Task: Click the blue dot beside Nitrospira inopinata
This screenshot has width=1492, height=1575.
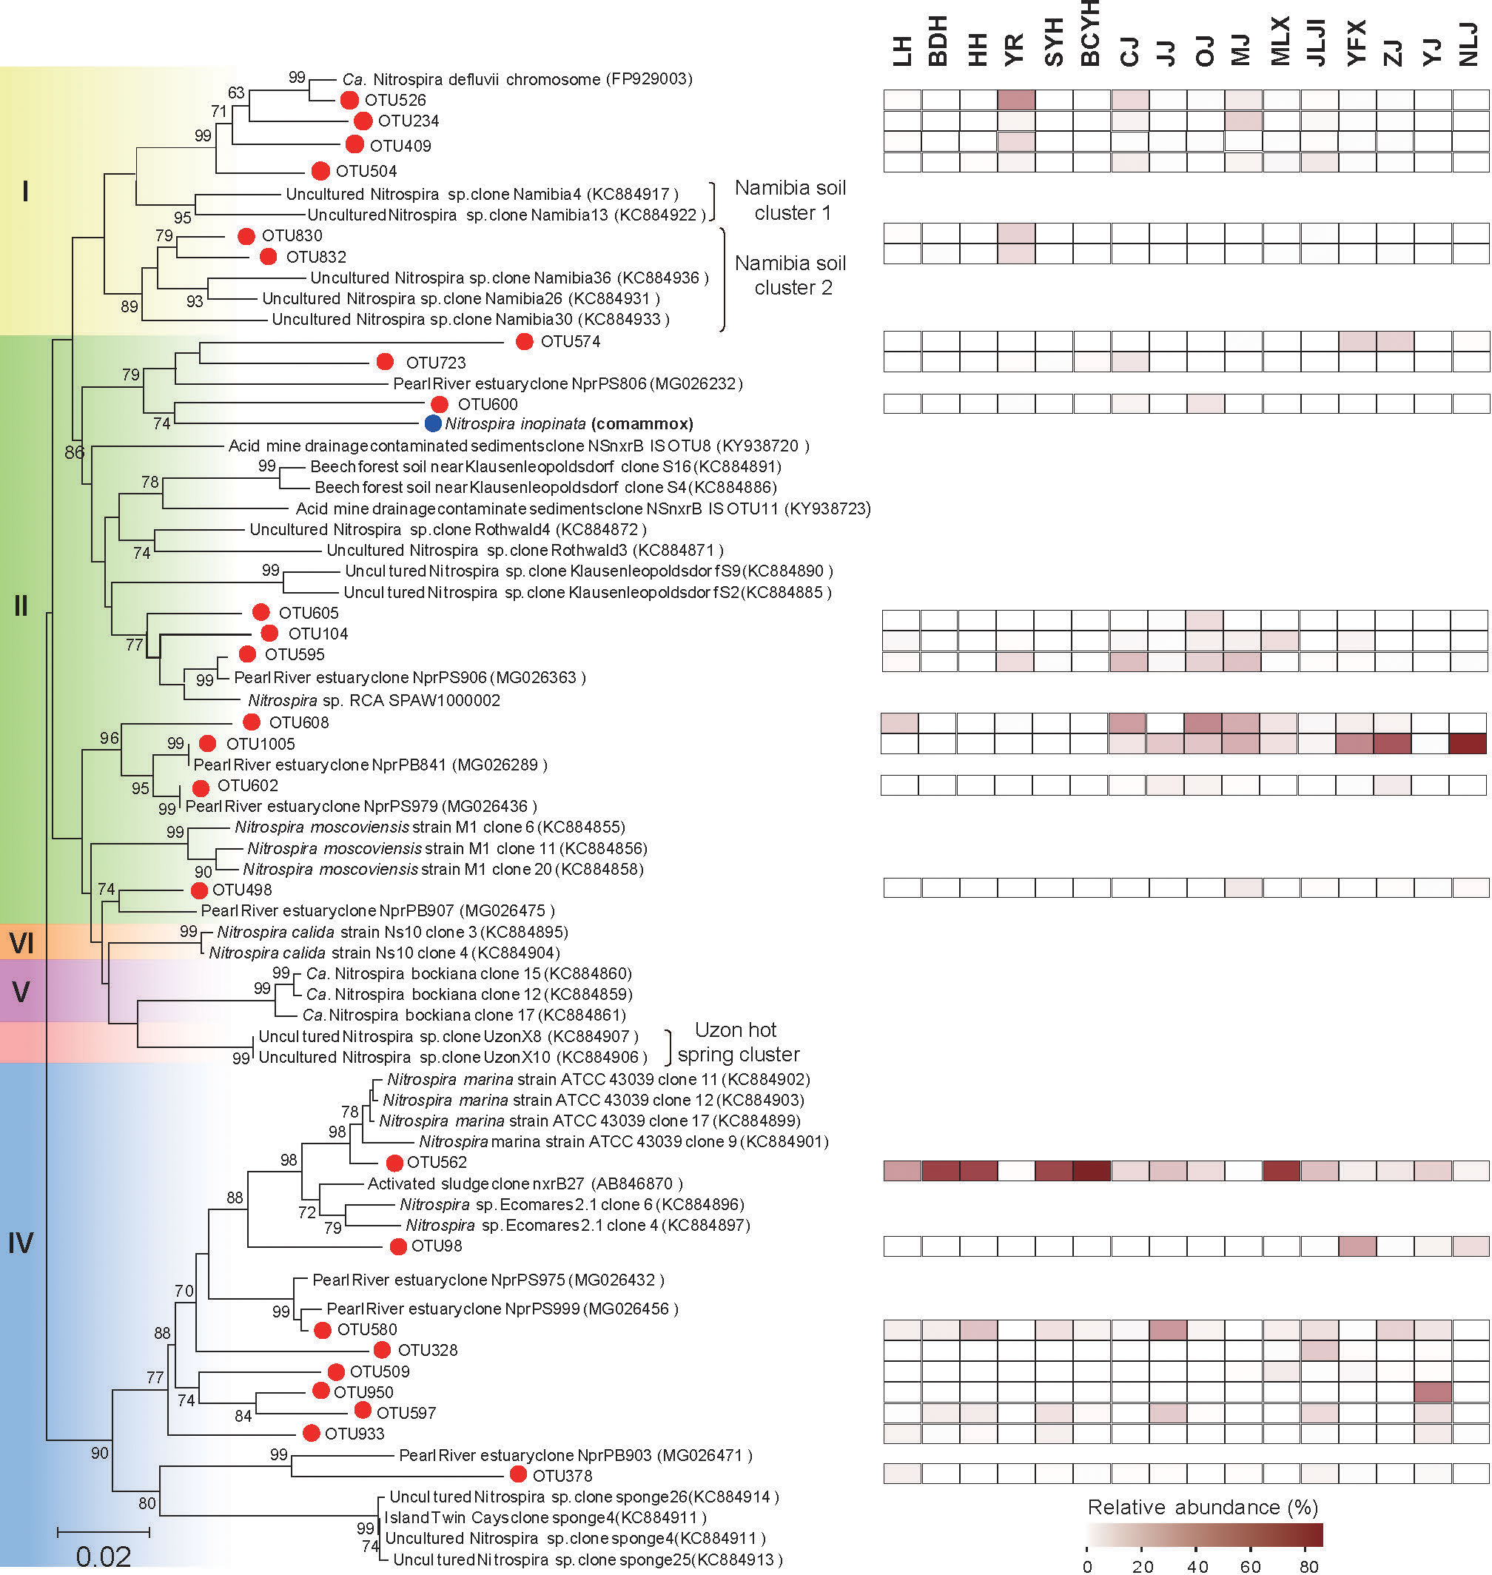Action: tap(433, 423)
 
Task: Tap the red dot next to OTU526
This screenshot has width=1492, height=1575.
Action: tap(349, 100)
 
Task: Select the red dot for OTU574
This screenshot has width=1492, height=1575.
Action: tap(524, 341)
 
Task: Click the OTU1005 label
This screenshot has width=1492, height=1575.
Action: tap(260, 744)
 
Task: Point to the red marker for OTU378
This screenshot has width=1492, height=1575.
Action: tap(518, 1474)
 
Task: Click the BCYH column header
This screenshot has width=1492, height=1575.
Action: tap(1090, 33)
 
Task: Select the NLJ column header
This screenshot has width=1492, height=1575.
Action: tap(1469, 44)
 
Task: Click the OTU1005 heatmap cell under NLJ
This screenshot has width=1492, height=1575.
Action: tap(1468, 744)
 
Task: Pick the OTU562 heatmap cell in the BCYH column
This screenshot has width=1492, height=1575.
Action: tap(1091, 1171)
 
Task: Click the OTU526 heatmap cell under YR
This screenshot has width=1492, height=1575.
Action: tap(1016, 99)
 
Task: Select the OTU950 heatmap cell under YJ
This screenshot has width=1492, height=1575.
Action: tap(1432, 1392)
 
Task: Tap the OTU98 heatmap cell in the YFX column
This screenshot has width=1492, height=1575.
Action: tap(1357, 1246)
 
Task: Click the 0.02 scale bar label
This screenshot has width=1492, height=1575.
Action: tap(104, 1556)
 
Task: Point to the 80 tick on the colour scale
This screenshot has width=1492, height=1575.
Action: tap(1308, 1566)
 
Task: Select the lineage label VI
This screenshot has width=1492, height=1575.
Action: tap(21, 944)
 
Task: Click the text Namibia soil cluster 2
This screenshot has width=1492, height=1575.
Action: tap(790, 275)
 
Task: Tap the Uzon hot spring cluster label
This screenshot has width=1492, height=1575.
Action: tap(737, 1042)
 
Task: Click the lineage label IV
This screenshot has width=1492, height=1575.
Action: tap(21, 1243)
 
